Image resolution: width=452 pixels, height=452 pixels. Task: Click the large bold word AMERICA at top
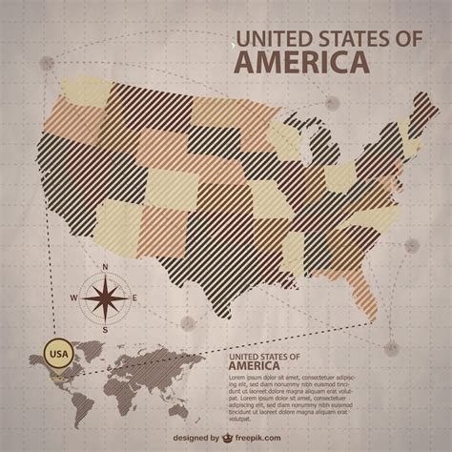coord(301,63)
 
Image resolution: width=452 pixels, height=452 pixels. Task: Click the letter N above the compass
coord(106,268)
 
